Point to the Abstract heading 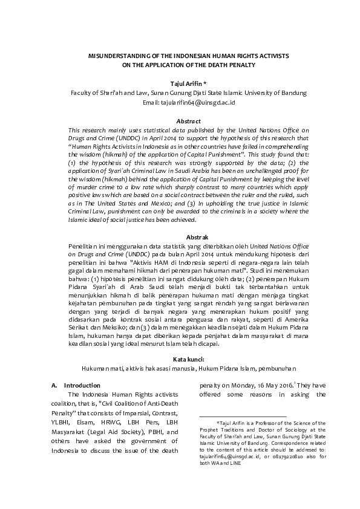(180, 121)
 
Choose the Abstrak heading (180, 237)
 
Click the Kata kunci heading (180, 358)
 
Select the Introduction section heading (80, 384)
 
